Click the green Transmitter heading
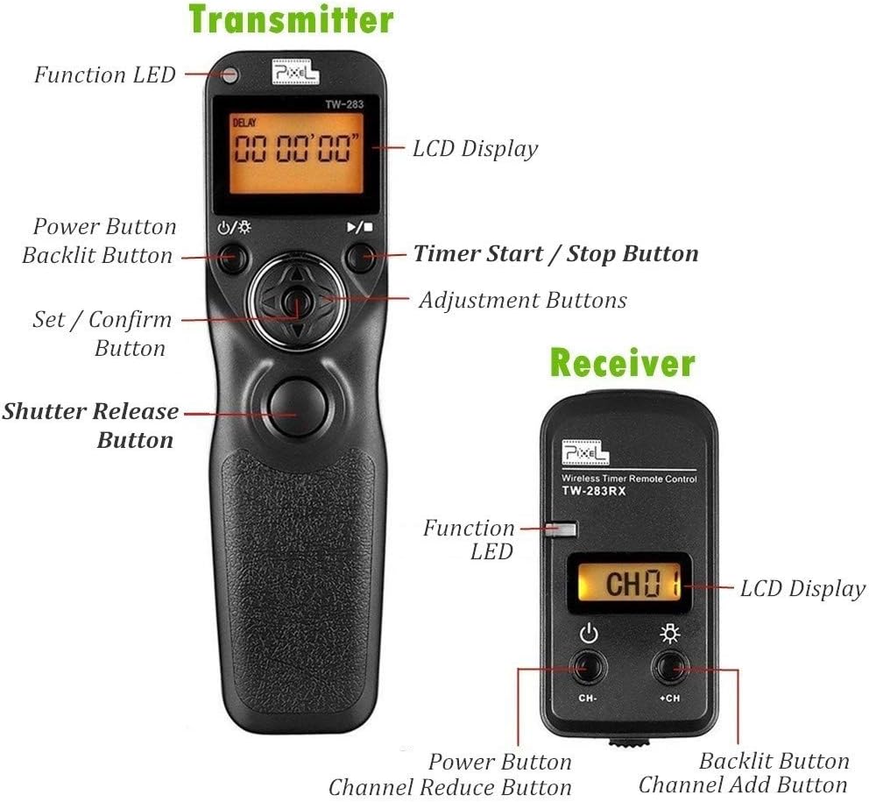(x=291, y=19)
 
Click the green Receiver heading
(x=622, y=362)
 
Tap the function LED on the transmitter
(x=231, y=75)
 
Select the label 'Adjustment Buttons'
(x=522, y=301)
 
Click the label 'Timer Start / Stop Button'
(x=555, y=254)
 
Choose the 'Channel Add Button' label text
(x=742, y=785)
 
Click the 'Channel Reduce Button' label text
(x=449, y=787)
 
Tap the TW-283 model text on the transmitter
(x=347, y=104)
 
